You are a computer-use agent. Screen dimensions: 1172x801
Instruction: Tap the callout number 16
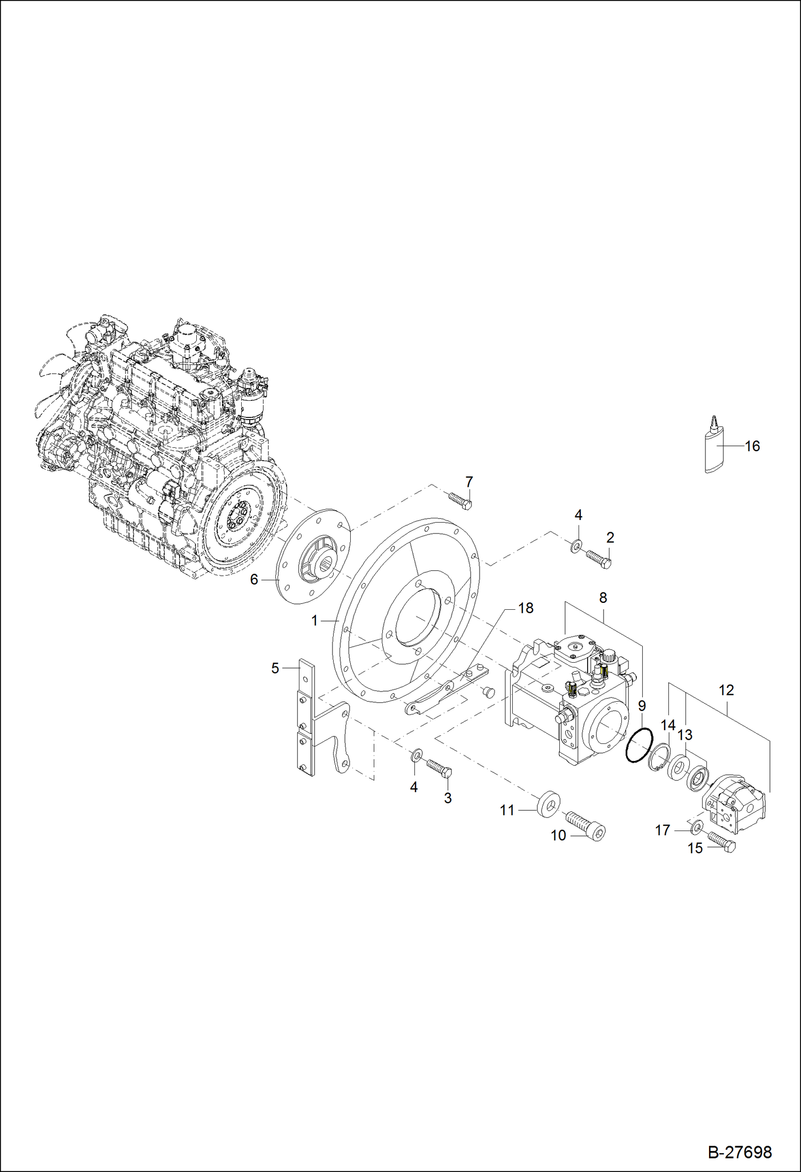click(752, 446)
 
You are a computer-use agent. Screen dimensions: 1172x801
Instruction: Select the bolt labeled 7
click(460, 501)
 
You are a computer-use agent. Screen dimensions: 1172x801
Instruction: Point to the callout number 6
click(254, 579)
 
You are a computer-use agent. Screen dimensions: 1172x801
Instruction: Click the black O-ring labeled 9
click(639, 745)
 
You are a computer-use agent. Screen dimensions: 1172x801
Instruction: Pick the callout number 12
click(726, 690)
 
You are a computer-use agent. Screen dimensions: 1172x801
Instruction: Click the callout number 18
click(526, 608)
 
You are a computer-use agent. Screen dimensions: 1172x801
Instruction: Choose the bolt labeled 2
click(599, 558)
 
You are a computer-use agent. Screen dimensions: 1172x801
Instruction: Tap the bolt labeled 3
click(440, 768)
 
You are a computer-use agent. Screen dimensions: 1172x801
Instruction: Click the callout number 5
click(275, 668)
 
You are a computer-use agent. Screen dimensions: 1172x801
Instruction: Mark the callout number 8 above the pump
click(603, 597)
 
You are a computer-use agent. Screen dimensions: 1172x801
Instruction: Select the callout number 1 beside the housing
click(314, 620)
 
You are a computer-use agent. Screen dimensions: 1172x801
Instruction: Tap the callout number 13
click(684, 735)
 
